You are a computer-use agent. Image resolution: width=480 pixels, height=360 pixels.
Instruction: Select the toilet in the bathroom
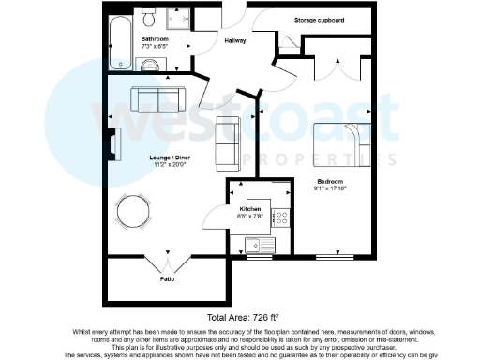(x=150, y=18)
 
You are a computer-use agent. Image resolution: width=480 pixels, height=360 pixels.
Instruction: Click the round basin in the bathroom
(x=150, y=63)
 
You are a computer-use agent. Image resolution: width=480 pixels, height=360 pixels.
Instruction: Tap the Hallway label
(x=233, y=40)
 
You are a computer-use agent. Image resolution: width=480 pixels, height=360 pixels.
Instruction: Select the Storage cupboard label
(x=317, y=19)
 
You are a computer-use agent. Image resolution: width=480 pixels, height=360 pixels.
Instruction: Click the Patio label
(x=167, y=278)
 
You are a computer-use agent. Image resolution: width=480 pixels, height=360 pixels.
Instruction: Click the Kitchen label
(x=249, y=208)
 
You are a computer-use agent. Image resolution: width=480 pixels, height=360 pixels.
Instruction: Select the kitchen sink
(x=257, y=245)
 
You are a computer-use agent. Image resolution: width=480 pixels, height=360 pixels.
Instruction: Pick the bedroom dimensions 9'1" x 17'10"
(x=329, y=187)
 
